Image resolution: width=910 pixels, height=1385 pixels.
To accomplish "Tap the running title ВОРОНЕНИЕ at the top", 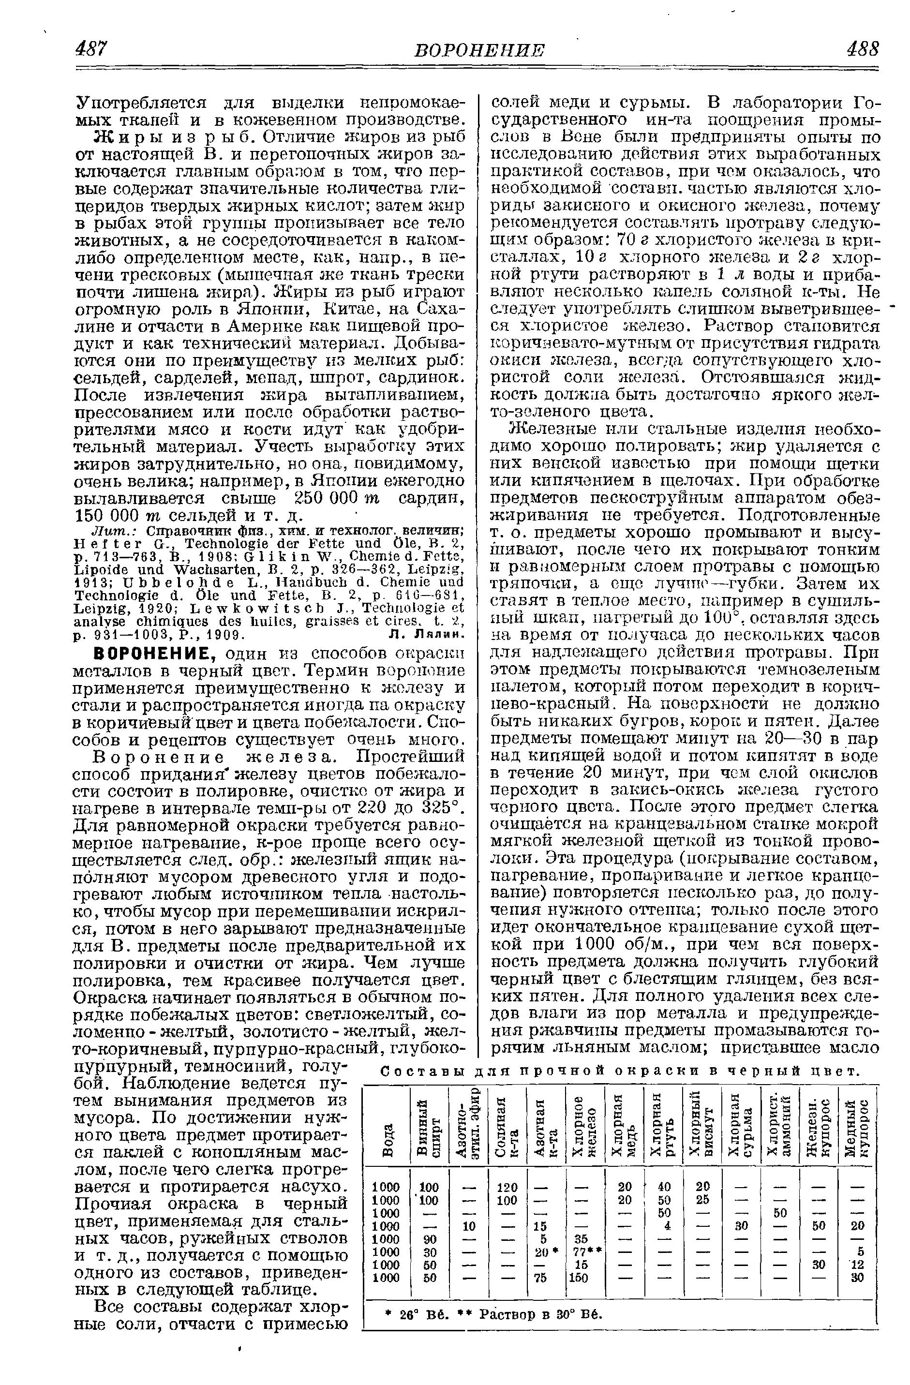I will tap(479, 50).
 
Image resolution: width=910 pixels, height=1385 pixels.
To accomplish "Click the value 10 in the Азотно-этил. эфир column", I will tap(468, 1225).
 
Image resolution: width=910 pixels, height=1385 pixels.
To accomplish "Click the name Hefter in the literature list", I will tap(108, 545).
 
